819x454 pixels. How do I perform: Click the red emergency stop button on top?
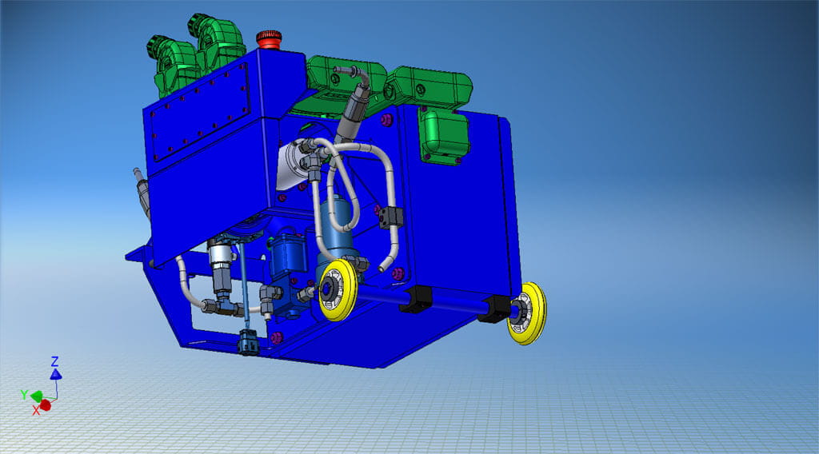point(269,38)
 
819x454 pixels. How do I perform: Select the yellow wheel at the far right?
point(528,313)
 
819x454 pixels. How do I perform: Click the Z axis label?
point(54,360)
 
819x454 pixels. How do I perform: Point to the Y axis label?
point(24,394)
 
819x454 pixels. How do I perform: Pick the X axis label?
point(36,410)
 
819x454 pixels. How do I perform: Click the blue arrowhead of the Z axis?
point(55,373)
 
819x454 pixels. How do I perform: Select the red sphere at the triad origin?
point(46,404)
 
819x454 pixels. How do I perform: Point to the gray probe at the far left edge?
point(142,190)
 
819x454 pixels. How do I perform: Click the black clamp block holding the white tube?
point(391,216)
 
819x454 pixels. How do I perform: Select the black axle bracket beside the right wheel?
point(496,309)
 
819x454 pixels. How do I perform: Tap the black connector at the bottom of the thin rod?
point(248,343)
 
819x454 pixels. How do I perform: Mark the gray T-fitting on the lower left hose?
point(222,305)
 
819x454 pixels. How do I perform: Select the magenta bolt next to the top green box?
point(387,121)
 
